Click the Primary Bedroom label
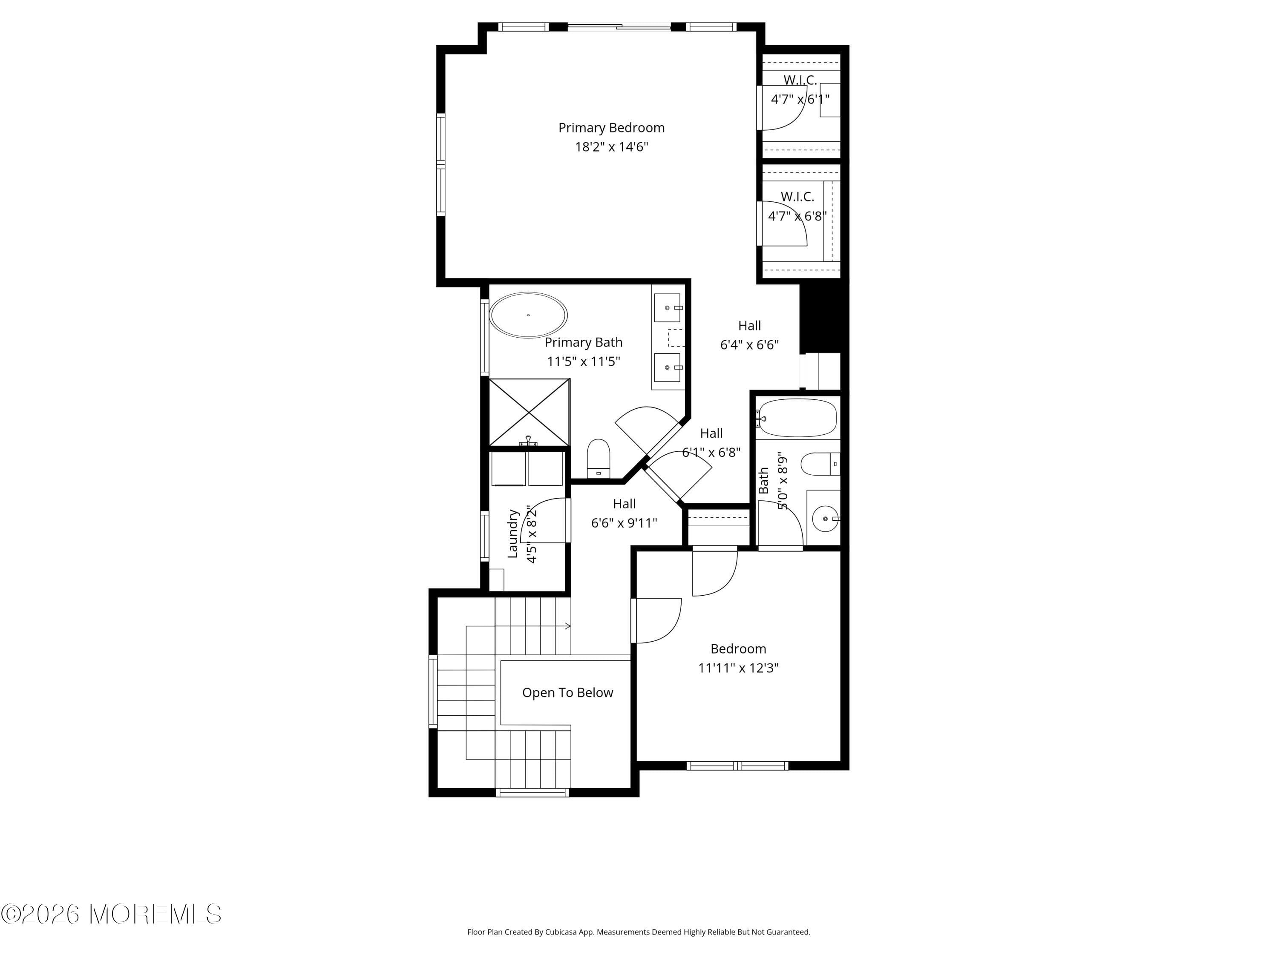611,128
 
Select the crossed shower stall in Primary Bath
529,412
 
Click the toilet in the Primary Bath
599,458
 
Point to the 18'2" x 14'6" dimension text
611,146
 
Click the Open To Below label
567,692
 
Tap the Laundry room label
512,533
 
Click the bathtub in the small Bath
797,418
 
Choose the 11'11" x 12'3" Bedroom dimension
738,668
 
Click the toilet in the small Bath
817,464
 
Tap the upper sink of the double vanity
667,308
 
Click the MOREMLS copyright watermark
111,914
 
